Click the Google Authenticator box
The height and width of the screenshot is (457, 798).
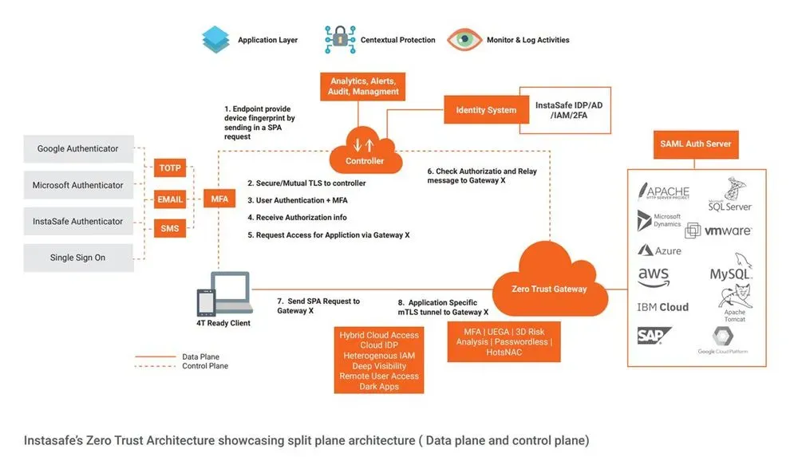coord(77,148)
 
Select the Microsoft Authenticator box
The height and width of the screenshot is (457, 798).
coord(77,185)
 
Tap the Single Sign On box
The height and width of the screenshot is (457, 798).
coord(77,258)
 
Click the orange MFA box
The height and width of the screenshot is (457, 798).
coord(218,199)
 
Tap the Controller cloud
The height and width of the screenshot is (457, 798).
coord(364,152)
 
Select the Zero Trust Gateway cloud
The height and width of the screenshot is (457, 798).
coord(548,280)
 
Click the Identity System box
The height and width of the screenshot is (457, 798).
coord(485,110)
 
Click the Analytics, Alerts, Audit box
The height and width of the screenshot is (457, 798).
coord(364,86)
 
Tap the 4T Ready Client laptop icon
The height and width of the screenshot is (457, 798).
coord(224,294)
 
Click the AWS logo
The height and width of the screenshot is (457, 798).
coord(653,276)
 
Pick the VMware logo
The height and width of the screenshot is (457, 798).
coord(727,230)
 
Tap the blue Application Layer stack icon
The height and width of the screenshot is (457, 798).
coord(215,39)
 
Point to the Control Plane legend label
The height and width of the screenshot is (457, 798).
coord(205,366)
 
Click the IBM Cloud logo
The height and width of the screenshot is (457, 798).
coord(662,307)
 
